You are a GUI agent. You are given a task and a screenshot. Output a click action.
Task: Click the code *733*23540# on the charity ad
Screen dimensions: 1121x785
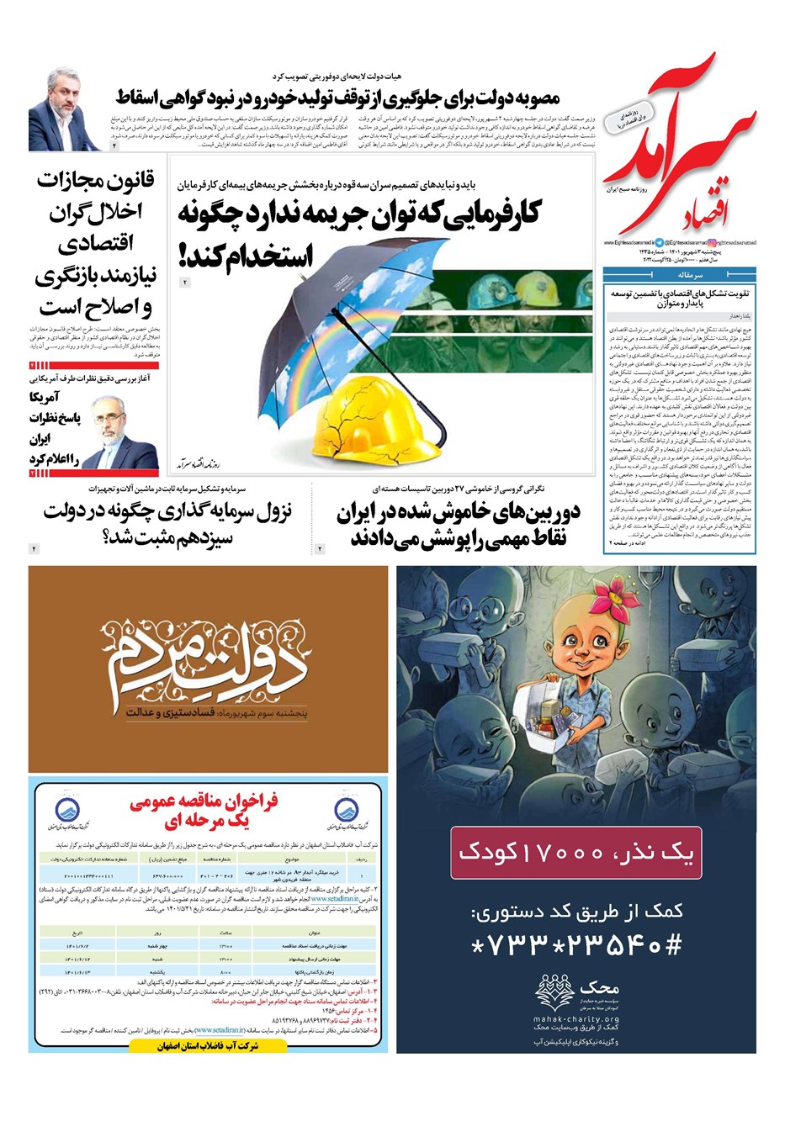pos(576,945)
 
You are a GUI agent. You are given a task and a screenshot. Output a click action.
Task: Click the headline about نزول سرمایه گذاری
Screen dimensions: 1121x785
pos(168,523)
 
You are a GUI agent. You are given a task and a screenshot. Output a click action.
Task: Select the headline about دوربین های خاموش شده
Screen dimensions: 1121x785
pos(459,524)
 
